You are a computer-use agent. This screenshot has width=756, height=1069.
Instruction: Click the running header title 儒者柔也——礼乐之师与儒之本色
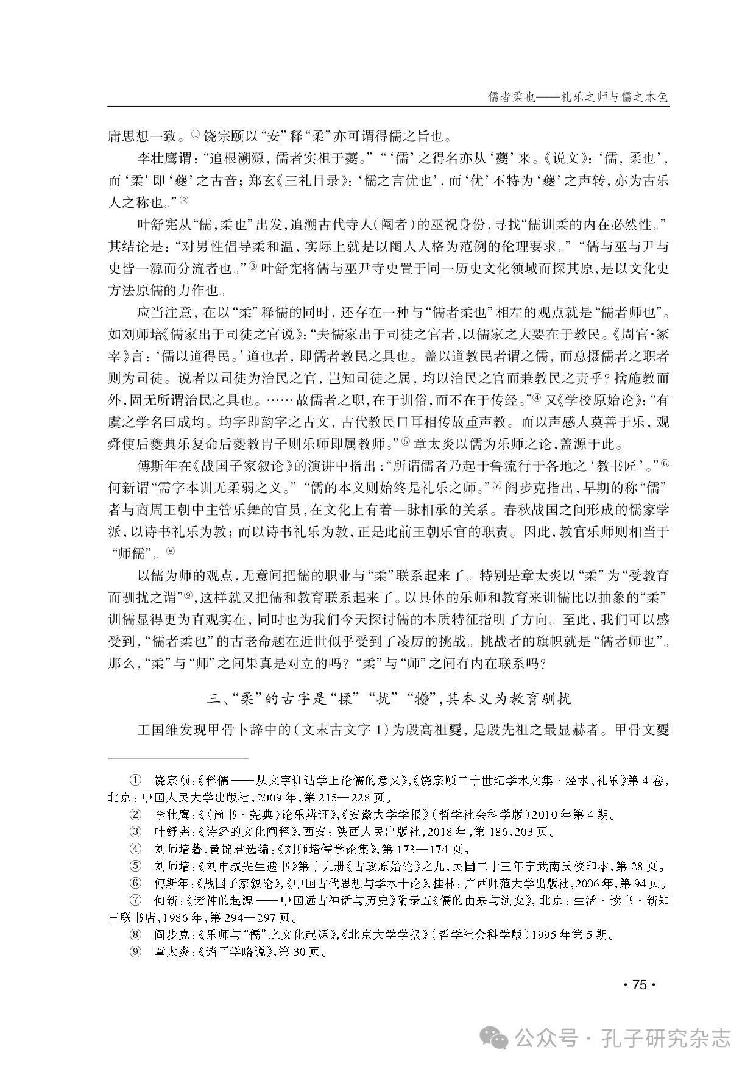tap(579, 97)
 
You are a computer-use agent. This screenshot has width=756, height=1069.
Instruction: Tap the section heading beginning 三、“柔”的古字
tap(389, 698)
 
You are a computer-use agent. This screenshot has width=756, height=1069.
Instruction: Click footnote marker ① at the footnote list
tap(135, 780)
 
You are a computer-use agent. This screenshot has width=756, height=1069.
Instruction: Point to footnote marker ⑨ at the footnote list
tap(135, 953)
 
